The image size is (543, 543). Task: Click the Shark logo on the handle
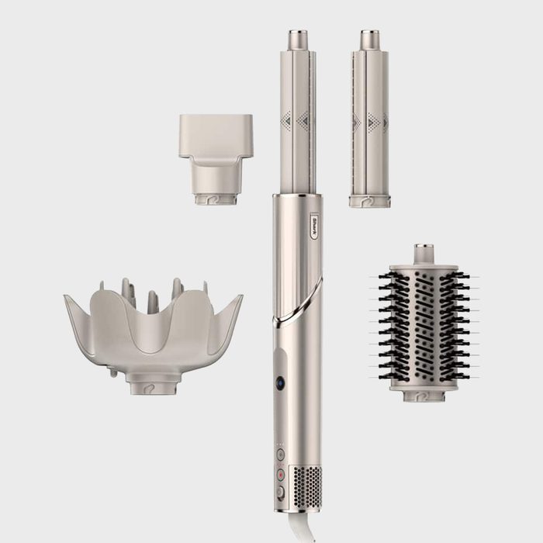pos(314,221)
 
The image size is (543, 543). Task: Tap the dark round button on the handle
pos(280,382)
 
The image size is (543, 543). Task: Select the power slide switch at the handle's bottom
pos(281,491)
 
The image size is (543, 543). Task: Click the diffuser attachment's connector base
pos(153,382)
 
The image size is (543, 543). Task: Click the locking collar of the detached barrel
pos(369,201)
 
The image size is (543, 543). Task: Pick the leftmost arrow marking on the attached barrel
pos(286,120)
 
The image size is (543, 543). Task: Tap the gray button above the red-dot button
pos(281,455)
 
